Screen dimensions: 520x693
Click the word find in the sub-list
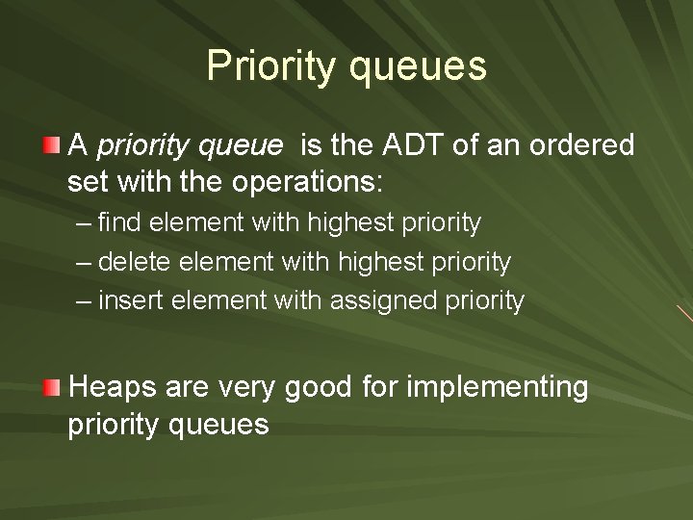pyautogui.click(x=118, y=223)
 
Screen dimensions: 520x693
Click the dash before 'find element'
pyautogui.click(x=84, y=224)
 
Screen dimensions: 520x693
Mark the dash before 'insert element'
pyautogui.click(x=84, y=301)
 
